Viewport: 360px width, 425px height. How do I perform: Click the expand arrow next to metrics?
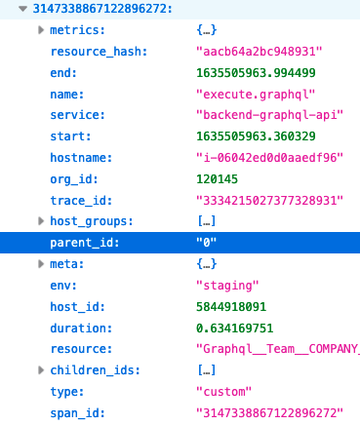(x=40, y=32)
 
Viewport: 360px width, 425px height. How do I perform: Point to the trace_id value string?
(x=270, y=200)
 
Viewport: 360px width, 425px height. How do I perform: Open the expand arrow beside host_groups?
(x=40, y=221)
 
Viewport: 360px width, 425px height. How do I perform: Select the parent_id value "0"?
(x=207, y=242)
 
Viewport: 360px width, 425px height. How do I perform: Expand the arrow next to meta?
(x=40, y=263)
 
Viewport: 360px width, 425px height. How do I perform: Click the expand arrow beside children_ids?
(x=40, y=369)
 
